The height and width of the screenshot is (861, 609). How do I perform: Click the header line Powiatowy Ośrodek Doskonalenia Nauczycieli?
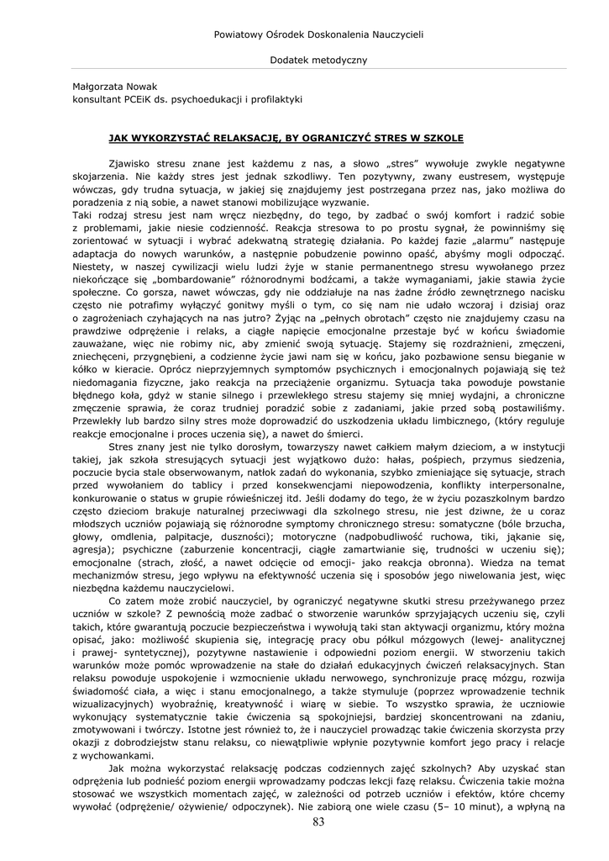click(x=318, y=34)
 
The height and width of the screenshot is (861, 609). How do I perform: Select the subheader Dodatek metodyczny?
click(x=318, y=60)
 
